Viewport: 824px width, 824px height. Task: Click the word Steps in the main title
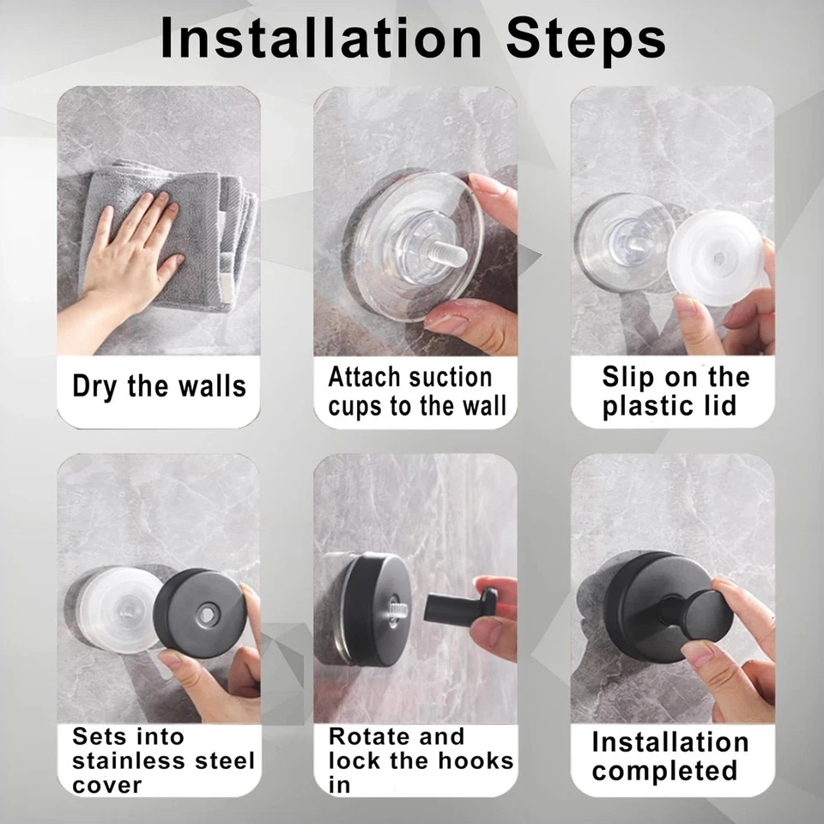click(585, 39)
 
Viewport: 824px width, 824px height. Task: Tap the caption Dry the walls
click(159, 386)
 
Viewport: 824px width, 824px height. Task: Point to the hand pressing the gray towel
click(129, 257)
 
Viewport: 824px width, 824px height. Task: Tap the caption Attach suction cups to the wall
click(416, 391)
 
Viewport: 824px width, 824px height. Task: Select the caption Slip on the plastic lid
click(674, 391)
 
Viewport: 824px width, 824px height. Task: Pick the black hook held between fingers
click(463, 606)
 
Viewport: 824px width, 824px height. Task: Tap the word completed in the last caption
click(664, 771)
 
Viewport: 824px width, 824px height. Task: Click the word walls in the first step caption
click(211, 386)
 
